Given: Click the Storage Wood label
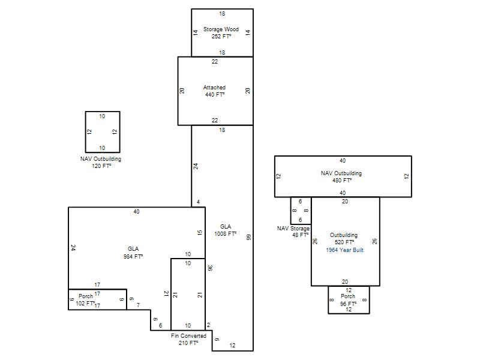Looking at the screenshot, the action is coord(221,29).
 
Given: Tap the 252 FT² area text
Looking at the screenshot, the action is coord(221,37).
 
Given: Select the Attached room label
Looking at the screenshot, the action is coord(214,88).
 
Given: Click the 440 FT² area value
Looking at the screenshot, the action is coord(215,95).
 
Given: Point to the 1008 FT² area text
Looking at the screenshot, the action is coord(226,234).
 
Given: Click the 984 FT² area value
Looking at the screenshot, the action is coord(133,257).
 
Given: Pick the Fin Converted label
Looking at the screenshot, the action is coord(188,336).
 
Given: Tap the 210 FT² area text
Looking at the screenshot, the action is coord(188,343).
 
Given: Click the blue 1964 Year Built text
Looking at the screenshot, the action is coord(344,250).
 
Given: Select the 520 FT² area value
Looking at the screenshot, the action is coord(344,242).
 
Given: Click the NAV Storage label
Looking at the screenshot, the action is coord(293,229).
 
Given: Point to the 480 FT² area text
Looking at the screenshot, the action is coord(342,181).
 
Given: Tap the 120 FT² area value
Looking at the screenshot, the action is coord(101,166).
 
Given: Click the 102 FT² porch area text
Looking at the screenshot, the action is coord(85,304).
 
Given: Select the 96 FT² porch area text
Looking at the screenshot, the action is coord(349,304).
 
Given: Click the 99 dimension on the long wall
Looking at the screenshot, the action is coord(249,237).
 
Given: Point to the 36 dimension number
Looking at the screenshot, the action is coord(210,268).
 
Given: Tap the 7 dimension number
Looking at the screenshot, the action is coord(139,305).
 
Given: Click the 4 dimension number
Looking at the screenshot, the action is coord(199,202).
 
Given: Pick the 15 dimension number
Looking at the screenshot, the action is coord(200,233).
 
